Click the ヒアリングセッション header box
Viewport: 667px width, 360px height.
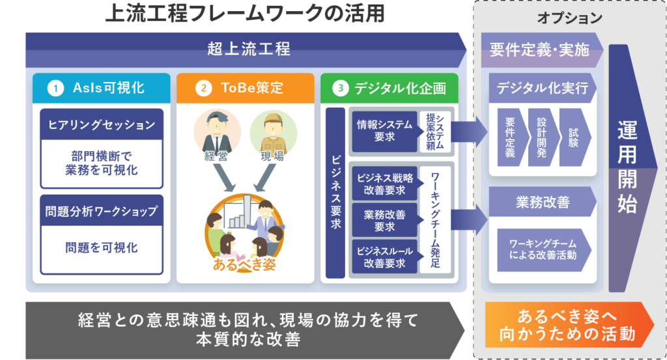[x=101, y=124]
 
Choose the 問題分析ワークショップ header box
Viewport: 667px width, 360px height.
[x=101, y=211]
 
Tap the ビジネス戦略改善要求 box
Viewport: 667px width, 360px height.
[x=382, y=184]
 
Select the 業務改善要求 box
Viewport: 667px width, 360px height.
[x=382, y=220]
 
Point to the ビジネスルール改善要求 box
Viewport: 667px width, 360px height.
[x=382, y=256]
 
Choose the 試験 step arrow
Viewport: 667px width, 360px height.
[x=573, y=139]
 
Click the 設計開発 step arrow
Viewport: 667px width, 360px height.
[x=542, y=139]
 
